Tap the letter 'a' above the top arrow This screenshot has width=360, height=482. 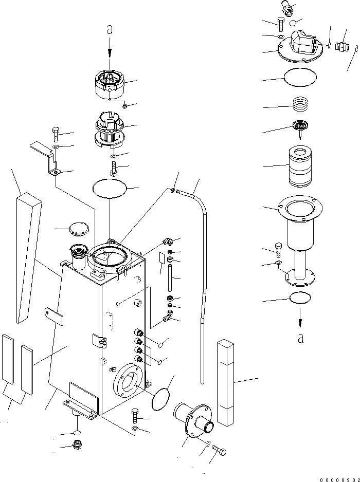(110, 29)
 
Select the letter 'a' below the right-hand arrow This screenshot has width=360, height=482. (301, 339)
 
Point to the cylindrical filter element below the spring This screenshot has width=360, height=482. (301, 166)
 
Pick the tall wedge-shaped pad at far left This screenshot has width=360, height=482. (29, 257)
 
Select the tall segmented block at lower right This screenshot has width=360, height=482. (225, 382)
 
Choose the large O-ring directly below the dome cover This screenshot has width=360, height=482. (300, 77)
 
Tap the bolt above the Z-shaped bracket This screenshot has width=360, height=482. (56, 134)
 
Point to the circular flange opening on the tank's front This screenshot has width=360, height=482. (128, 381)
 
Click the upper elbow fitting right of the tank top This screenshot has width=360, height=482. (168, 242)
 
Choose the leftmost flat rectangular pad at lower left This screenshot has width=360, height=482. (8, 359)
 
